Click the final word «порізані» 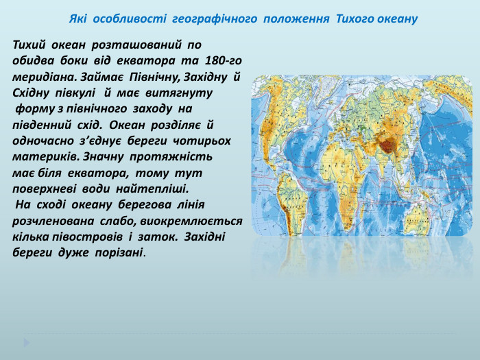pyautogui.click(x=121, y=252)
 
